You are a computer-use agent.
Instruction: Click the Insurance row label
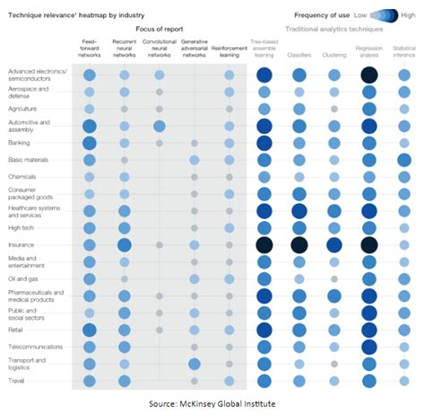(x=22, y=244)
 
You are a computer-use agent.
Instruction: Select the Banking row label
(x=21, y=142)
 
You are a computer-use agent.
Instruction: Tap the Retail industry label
(x=17, y=329)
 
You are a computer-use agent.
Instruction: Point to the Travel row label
(x=17, y=380)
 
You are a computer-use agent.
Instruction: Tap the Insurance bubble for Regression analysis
(x=368, y=244)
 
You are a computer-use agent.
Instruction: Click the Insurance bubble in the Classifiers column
(x=299, y=244)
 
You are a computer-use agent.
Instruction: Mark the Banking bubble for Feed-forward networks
(x=89, y=142)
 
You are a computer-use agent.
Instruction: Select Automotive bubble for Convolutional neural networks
(x=159, y=126)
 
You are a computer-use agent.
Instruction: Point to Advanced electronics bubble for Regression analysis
(x=368, y=75)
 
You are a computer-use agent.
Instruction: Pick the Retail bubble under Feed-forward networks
(x=89, y=329)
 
